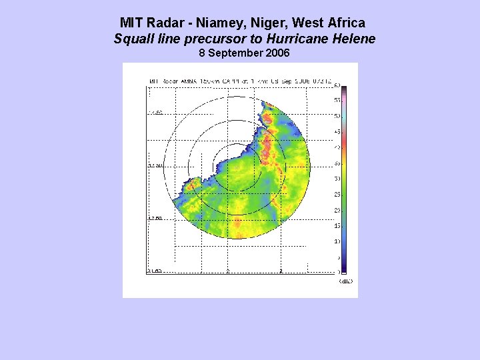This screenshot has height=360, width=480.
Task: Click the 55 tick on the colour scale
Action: [337, 100]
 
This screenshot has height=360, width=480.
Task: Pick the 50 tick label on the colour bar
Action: [337, 116]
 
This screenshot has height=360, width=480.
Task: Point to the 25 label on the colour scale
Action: [337, 194]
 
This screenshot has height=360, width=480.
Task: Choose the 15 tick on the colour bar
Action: [337, 225]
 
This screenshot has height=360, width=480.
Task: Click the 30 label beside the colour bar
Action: [337, 179]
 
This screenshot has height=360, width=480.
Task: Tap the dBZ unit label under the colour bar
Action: [345, 281]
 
